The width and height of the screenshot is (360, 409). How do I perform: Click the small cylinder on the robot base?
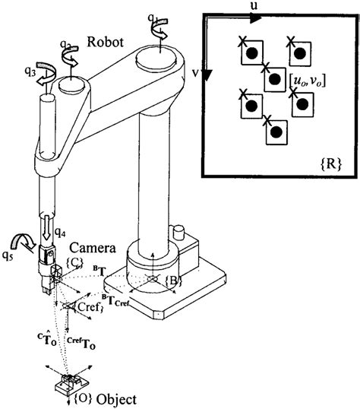(180, 233)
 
